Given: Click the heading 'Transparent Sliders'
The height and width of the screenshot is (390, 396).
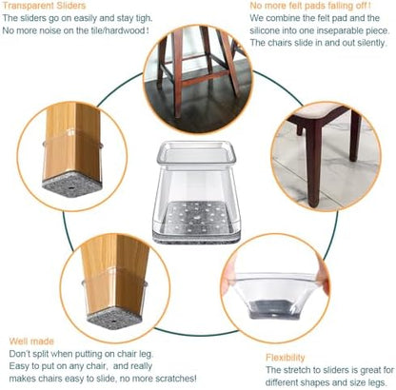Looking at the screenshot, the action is click(x=44, y=6).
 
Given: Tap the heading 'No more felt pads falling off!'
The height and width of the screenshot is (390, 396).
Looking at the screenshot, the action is click(x=310, y=6).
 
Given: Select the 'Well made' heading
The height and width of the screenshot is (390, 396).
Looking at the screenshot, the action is click(x=31, y=341).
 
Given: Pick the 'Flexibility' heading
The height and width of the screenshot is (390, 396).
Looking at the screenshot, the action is click(x=285, y=358).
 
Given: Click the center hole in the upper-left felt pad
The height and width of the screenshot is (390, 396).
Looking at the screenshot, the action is click(x=72, y=188).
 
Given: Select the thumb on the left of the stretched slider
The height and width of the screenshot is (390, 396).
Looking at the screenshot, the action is click(x=229, y=277).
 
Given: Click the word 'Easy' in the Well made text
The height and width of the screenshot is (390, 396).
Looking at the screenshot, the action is click(x=19, y=366).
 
